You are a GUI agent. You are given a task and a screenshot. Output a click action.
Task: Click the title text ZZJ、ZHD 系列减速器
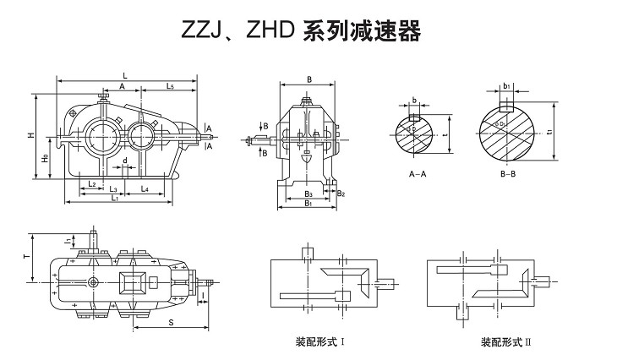300,32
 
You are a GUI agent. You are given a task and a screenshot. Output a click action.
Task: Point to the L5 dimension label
170,86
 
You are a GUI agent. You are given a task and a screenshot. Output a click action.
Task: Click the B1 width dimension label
308,204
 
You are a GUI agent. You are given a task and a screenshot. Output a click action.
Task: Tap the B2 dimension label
341,194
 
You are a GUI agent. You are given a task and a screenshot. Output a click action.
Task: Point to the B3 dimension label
308,194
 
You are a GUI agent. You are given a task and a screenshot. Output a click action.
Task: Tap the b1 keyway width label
505,86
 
